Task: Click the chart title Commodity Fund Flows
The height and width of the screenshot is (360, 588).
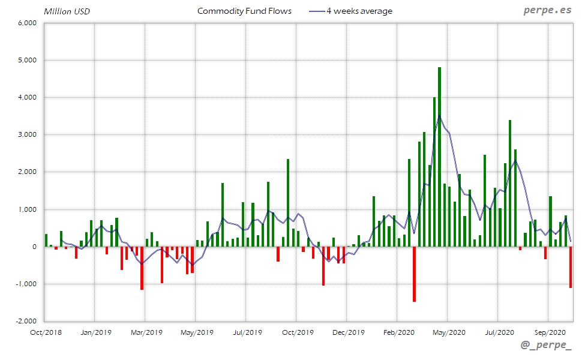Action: tap(244, 11)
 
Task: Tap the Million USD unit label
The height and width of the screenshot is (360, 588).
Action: tap(67, 11)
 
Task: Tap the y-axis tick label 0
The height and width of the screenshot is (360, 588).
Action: tap(35, 247)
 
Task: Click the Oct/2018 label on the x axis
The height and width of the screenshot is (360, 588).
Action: tap(46, 332)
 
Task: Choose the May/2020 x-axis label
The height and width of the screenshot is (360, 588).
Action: tap(449, 332)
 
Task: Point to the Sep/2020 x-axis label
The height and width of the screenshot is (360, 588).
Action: tap(548, 332)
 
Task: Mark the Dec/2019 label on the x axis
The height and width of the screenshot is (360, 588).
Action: tap(348, 332)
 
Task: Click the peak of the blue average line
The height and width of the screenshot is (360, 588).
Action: tap(439, 116)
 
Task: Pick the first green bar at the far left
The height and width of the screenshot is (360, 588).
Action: tap(46, 240)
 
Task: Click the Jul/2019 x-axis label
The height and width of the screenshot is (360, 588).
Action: tap(247, 332)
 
